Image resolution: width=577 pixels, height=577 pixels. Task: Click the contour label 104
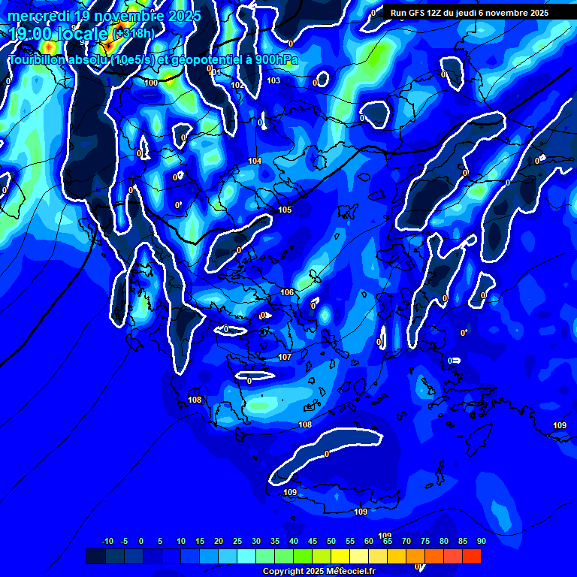pos(255,161)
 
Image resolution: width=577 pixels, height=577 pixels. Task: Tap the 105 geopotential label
pos(285,210)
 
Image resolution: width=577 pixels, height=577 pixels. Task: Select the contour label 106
pos(287,292)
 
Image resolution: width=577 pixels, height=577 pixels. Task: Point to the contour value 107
pos(285,357)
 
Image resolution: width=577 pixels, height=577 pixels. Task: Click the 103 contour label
pos(273,80)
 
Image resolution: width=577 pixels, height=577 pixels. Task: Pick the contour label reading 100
pos(152,83)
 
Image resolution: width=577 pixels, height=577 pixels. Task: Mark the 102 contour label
pos(237,85)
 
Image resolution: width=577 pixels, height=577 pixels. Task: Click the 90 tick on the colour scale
pos(481,541)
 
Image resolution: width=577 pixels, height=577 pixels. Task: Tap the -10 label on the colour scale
pos(107,541)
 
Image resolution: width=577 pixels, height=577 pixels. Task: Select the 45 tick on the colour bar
pos(312,541)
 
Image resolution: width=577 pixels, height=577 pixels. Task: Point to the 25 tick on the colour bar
pos(237,541)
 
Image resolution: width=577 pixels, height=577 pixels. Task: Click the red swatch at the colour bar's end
pos(472,556)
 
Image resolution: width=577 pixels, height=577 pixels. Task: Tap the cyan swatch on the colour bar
pos(246,556)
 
